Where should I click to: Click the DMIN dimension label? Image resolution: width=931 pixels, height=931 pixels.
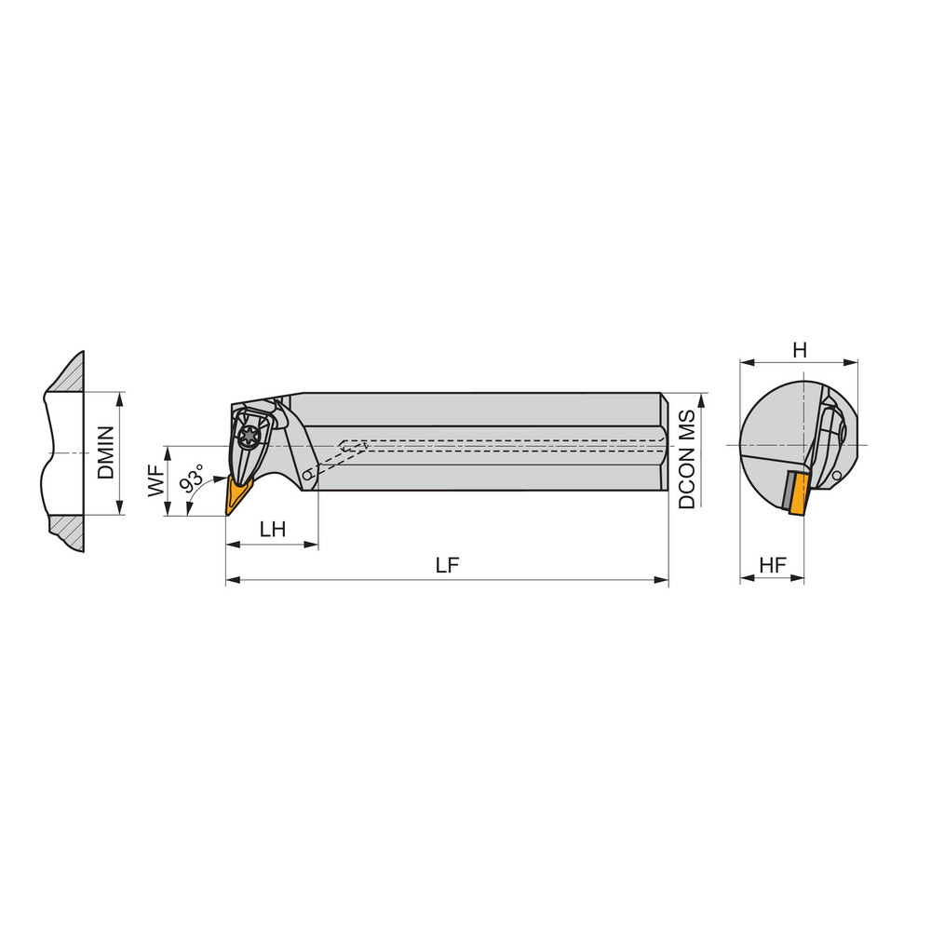[x=105, y=452]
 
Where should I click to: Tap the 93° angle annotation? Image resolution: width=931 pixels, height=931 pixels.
[x=192, y=480]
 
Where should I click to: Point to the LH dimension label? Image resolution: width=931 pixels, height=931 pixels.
[x=272, y=529]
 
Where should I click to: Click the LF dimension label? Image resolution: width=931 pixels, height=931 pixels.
[x=448, y=565]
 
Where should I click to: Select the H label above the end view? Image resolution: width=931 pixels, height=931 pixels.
[x=799, y=350]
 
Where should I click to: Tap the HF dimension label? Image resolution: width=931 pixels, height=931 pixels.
[x=772, y=564]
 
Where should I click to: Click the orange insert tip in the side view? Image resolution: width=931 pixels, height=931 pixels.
[x=234, y=494]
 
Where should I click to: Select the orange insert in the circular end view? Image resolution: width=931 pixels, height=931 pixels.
[x=796, y=492]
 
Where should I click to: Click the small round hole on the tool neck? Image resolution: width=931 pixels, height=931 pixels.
[x=308, y=476]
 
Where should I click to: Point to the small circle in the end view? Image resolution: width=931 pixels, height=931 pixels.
[x=838, y=477]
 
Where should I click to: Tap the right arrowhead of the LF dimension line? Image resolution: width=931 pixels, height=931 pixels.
[x=663, y=581]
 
